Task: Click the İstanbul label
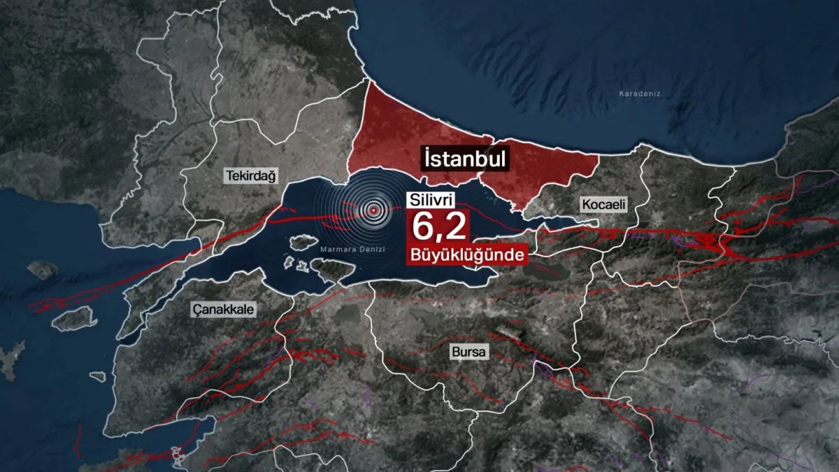(x=464, y=158)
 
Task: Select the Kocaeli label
(x=603, y=204)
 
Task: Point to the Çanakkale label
(x=224, y=309)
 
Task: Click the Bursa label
(x=468, y=352)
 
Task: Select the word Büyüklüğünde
(x=466, y=257)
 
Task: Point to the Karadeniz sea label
(x=640, y=94)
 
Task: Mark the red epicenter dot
(x=374, y=210)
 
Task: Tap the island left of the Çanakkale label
(x=73, y=319)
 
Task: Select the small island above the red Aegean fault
(x=42, y=269)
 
